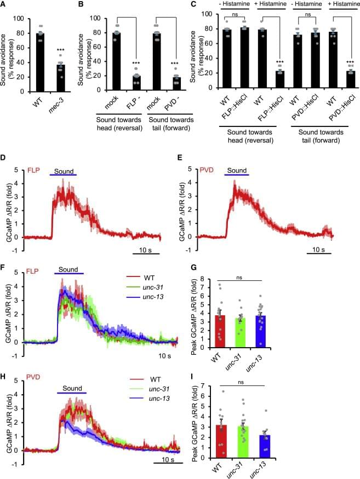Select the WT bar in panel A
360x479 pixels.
pyautogui.click(x=40, y=62)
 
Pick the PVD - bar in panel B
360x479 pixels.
pyautogui.click(x=177, y=83)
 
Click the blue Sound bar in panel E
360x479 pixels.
pyautogui.click(x=237, y=176)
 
